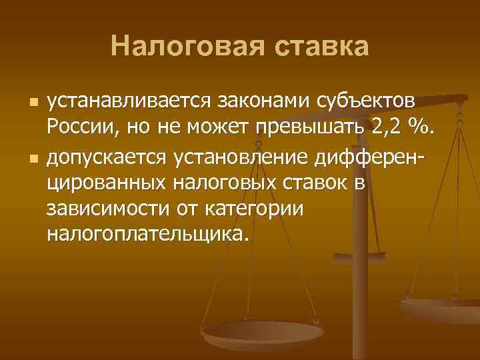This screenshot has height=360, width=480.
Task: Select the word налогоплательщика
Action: [145, 233]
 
